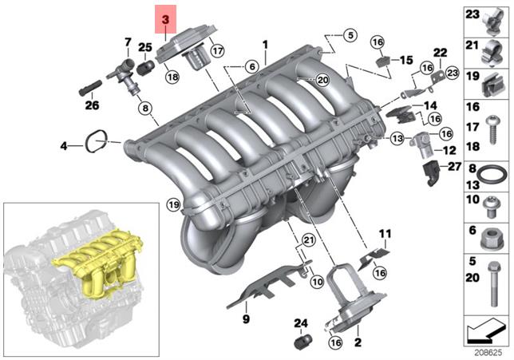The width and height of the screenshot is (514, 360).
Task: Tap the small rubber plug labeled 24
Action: pyautogui.click(x=302, y=342)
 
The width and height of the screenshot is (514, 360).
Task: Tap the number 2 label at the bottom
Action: pyautogui.click(x=358, y=342)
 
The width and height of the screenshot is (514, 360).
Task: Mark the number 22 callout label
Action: pyautogui.click(x=439, y=53)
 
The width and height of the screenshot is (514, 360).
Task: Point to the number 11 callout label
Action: pyautogui.click(x=385, y=234)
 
